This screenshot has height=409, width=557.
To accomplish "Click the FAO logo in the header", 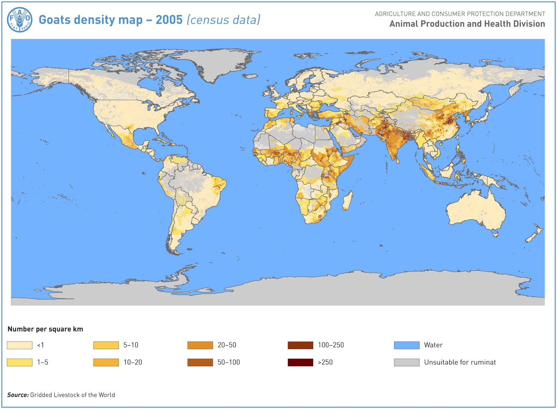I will [x=19, y=20].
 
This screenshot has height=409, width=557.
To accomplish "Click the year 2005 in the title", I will [x=169, y=20].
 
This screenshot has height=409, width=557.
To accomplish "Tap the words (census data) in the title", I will [x=223, y=20].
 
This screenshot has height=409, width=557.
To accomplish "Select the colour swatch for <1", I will [x=19, y=345].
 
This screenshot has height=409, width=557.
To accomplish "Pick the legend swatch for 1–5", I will [x=19, y=362].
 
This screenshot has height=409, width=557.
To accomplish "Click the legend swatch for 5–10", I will [x=106, y=345].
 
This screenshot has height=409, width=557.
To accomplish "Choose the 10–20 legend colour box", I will [x=106, y=362].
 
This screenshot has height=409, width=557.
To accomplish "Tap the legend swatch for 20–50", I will [x=200, y=345].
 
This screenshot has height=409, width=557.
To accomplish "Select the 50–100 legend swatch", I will [x=200, y=362].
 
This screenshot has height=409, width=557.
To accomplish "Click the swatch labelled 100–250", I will [x=300, y=345].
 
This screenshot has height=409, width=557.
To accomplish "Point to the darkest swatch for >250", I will [x=300, y=362].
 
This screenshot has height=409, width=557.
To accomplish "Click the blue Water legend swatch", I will [x=407, y=345].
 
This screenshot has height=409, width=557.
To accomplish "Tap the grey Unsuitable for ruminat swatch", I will [x=407, y=362].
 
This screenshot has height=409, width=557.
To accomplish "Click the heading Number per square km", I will [x=45, y=329].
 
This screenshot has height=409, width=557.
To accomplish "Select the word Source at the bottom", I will [x=18, y=395].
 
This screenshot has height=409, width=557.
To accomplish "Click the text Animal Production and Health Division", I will [x=467, y=24].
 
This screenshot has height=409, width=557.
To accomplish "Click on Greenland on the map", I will [x=212, y=63].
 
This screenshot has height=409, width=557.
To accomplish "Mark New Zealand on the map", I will [x=534, y=234].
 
